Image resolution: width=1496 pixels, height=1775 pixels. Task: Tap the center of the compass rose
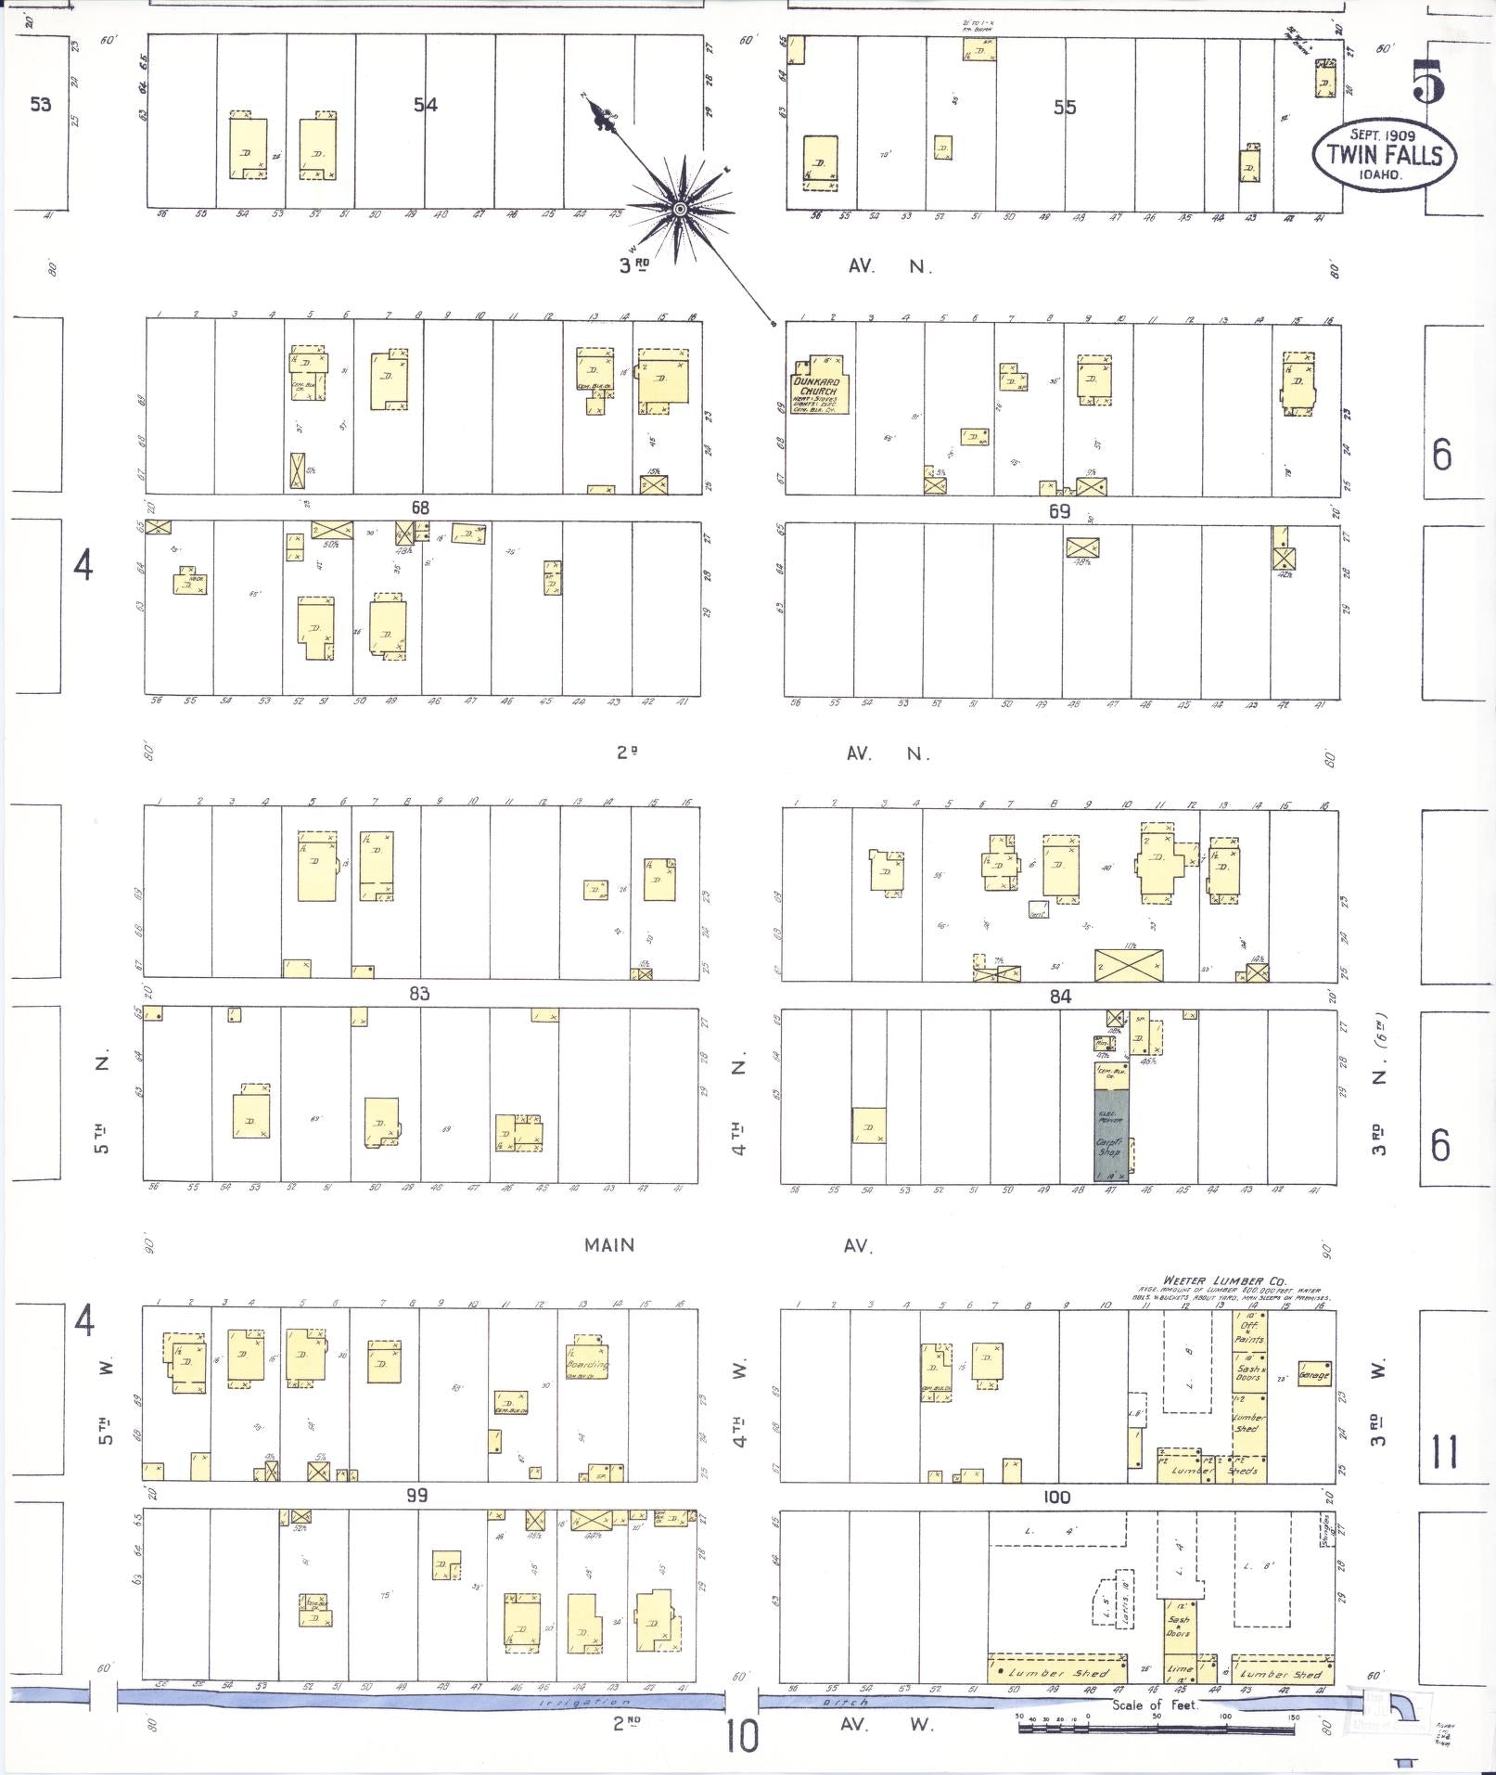point(680,210)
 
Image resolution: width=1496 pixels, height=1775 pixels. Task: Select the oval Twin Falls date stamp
point(1384,154)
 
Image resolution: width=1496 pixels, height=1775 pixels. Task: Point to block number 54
point(426,105)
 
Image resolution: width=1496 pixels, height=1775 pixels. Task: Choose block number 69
point(1059,511)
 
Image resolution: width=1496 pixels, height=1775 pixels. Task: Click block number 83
point(419,994)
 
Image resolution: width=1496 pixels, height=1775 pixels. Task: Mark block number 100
point(1056,1497)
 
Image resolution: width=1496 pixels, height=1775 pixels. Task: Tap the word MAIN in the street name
point(609,1245)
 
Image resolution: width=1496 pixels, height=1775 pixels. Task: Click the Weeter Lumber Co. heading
point(1225,1281)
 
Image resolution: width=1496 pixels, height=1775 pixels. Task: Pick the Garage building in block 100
point(1315,1374)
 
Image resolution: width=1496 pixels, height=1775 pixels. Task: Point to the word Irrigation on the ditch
point(584,1703)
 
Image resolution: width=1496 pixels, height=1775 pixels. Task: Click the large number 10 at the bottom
point(742,1736)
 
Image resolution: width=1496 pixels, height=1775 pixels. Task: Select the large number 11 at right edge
point(1445,1451)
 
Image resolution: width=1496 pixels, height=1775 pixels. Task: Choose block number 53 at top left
point(40,104)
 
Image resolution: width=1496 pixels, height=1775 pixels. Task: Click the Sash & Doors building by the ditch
point(1179,1626)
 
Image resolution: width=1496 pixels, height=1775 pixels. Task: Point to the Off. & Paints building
point(1249,1332)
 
